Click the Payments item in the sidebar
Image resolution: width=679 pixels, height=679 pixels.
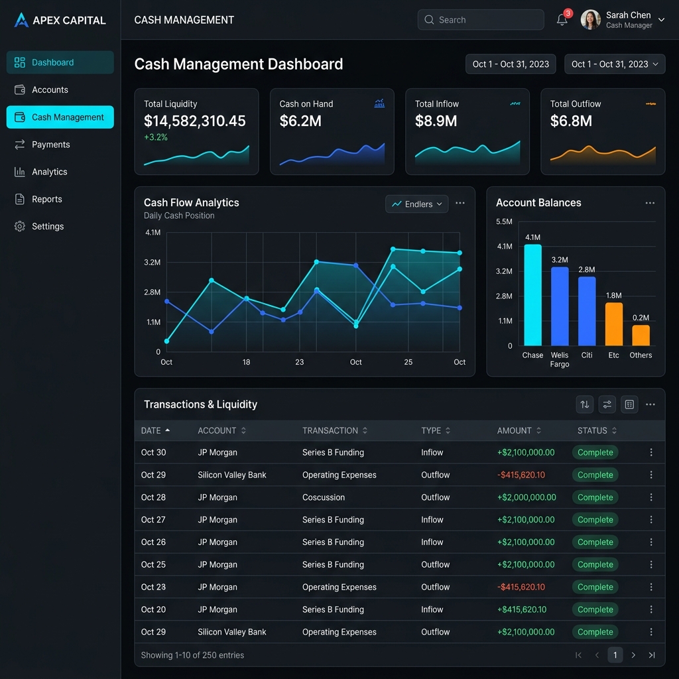click(x=50, y=145)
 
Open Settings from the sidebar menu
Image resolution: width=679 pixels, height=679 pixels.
click(x=48, y=226)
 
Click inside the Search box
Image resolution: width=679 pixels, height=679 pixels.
click(x=480, y=20)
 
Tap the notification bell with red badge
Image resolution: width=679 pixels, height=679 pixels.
click(x=562, y=19)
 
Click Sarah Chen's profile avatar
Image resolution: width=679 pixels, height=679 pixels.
click(x=590, y=20)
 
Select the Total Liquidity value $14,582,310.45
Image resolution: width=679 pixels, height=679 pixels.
click(x=195, y=121)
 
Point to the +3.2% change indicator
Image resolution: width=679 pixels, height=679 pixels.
click(x=156, y=137)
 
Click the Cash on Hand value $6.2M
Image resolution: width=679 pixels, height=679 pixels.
click(x=300, y=121)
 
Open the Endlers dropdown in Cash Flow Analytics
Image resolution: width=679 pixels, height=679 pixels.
click(x=416, y=204)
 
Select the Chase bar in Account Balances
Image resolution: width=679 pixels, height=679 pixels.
click(x=532, y=295)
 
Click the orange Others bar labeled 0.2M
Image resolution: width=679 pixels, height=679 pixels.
click(x=641, y=336)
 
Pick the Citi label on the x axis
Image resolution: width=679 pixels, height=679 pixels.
click(x=587, y=355)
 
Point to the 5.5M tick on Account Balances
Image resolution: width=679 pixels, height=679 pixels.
click(x=504, y=221)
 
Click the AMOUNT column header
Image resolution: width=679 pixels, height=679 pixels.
click(x=515, y=430)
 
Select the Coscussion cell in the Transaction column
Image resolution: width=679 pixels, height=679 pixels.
click(x=324, y=497)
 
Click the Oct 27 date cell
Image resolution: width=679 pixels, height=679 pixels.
click(x=153, y=520)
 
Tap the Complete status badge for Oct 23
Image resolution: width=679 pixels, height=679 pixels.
click(x=595, y=587)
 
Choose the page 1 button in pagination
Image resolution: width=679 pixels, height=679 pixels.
click(x=615, y=655)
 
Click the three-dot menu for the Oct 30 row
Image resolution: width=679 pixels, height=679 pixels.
click(x=651, y=452)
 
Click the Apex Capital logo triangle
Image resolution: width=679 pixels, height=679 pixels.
click(x=21, y=20)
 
